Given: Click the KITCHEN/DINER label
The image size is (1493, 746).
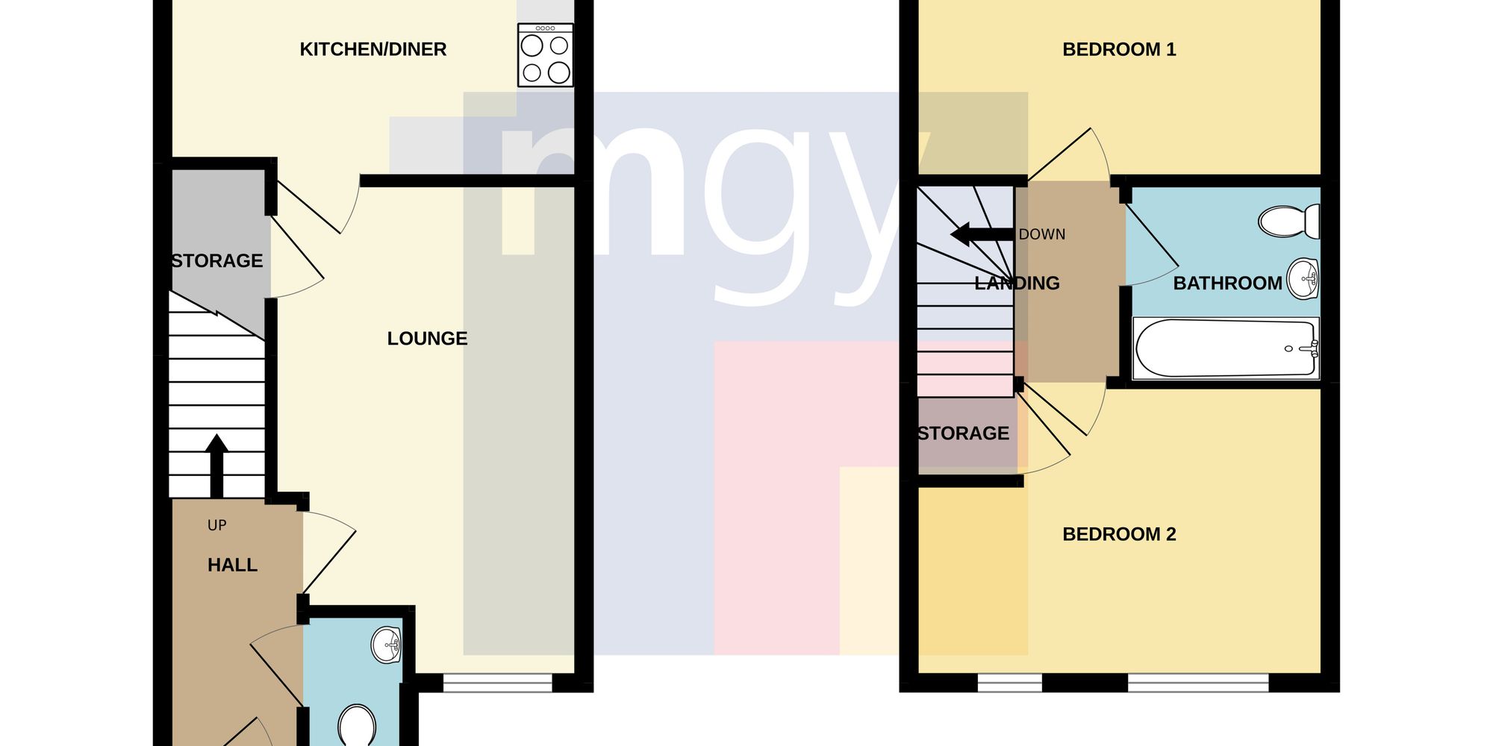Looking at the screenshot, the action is pyautogui.click(x=373, y=49).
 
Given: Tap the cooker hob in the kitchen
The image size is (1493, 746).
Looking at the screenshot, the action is pyautogui.click(x=546, y=54).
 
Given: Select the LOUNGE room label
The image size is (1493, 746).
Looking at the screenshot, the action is pyautogui.click(x=427, y=339).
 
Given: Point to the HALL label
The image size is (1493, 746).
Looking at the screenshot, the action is pyautogui.click(x=232, y=565).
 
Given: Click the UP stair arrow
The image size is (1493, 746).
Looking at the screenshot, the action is pyautogui.click(x=216, y=466).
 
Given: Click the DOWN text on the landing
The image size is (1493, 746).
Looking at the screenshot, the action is pyautogui.click(x=1042, y=234).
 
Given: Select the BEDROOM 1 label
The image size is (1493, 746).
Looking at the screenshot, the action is pyautogui.click(x=1119, y=49).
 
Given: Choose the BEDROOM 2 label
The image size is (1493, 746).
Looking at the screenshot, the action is pyautogui.click(x=1119, y=534).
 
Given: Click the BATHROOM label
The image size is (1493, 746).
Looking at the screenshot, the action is pyautogui.click(x=1228, y=283).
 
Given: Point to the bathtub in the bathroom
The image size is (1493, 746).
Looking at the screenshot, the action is pyautogui.click(x=1226, y=348).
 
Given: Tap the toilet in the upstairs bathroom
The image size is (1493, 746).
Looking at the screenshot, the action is pyautogui.click(x=1289, y=222).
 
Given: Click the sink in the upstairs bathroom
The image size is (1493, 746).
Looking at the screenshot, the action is pyautogui.click(x=1304, y=279).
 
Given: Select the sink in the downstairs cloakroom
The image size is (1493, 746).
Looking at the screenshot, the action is pyautogui.click(x=387, y=645).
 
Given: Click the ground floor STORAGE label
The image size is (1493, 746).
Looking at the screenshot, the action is pyautogui.click(x=217, y=261).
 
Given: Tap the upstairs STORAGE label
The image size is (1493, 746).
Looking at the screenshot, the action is pyautogui.click(x=964, y=433).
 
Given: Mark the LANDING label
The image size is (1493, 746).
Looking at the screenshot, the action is pyautogui.click(x=1017, y=283).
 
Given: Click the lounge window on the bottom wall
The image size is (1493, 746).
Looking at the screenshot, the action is pyautogui.click(x=498, y=683).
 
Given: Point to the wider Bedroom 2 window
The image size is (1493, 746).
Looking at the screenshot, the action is pyautogui.click(x=1198, y=683).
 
